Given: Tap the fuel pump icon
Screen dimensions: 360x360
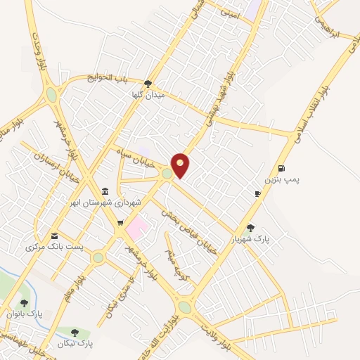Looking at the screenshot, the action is point(282,167).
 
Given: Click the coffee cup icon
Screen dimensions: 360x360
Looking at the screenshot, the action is point(258,193).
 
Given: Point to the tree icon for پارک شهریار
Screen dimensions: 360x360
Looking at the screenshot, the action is point(251,227).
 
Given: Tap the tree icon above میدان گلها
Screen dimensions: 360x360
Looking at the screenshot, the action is point(148,84).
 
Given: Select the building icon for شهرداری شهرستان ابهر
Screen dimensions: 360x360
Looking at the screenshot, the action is point(105,191).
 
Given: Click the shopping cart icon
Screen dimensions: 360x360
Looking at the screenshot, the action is point(120,223).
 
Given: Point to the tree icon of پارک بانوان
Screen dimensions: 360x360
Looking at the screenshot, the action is point(25,303).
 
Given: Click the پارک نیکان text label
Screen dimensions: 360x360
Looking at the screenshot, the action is point(77,343).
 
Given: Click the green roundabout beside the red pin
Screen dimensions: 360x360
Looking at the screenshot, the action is point(167,173).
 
